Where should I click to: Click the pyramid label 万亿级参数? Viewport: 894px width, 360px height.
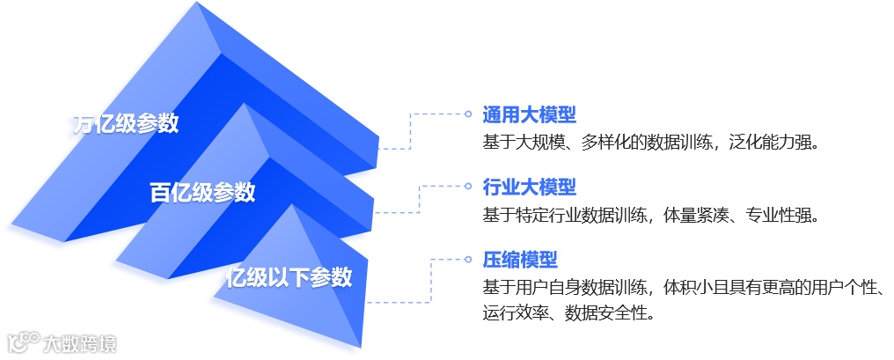(125, 123)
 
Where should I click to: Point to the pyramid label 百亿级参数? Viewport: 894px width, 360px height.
(202, 192)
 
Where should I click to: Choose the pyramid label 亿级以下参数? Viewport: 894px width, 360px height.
(289, 276)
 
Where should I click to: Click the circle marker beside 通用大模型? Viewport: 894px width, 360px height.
(468, 114)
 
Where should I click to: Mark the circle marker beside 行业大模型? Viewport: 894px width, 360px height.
(468, 187)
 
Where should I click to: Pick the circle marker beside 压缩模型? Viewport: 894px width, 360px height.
(468, 260)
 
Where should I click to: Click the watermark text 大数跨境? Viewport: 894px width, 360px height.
(80, 342)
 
